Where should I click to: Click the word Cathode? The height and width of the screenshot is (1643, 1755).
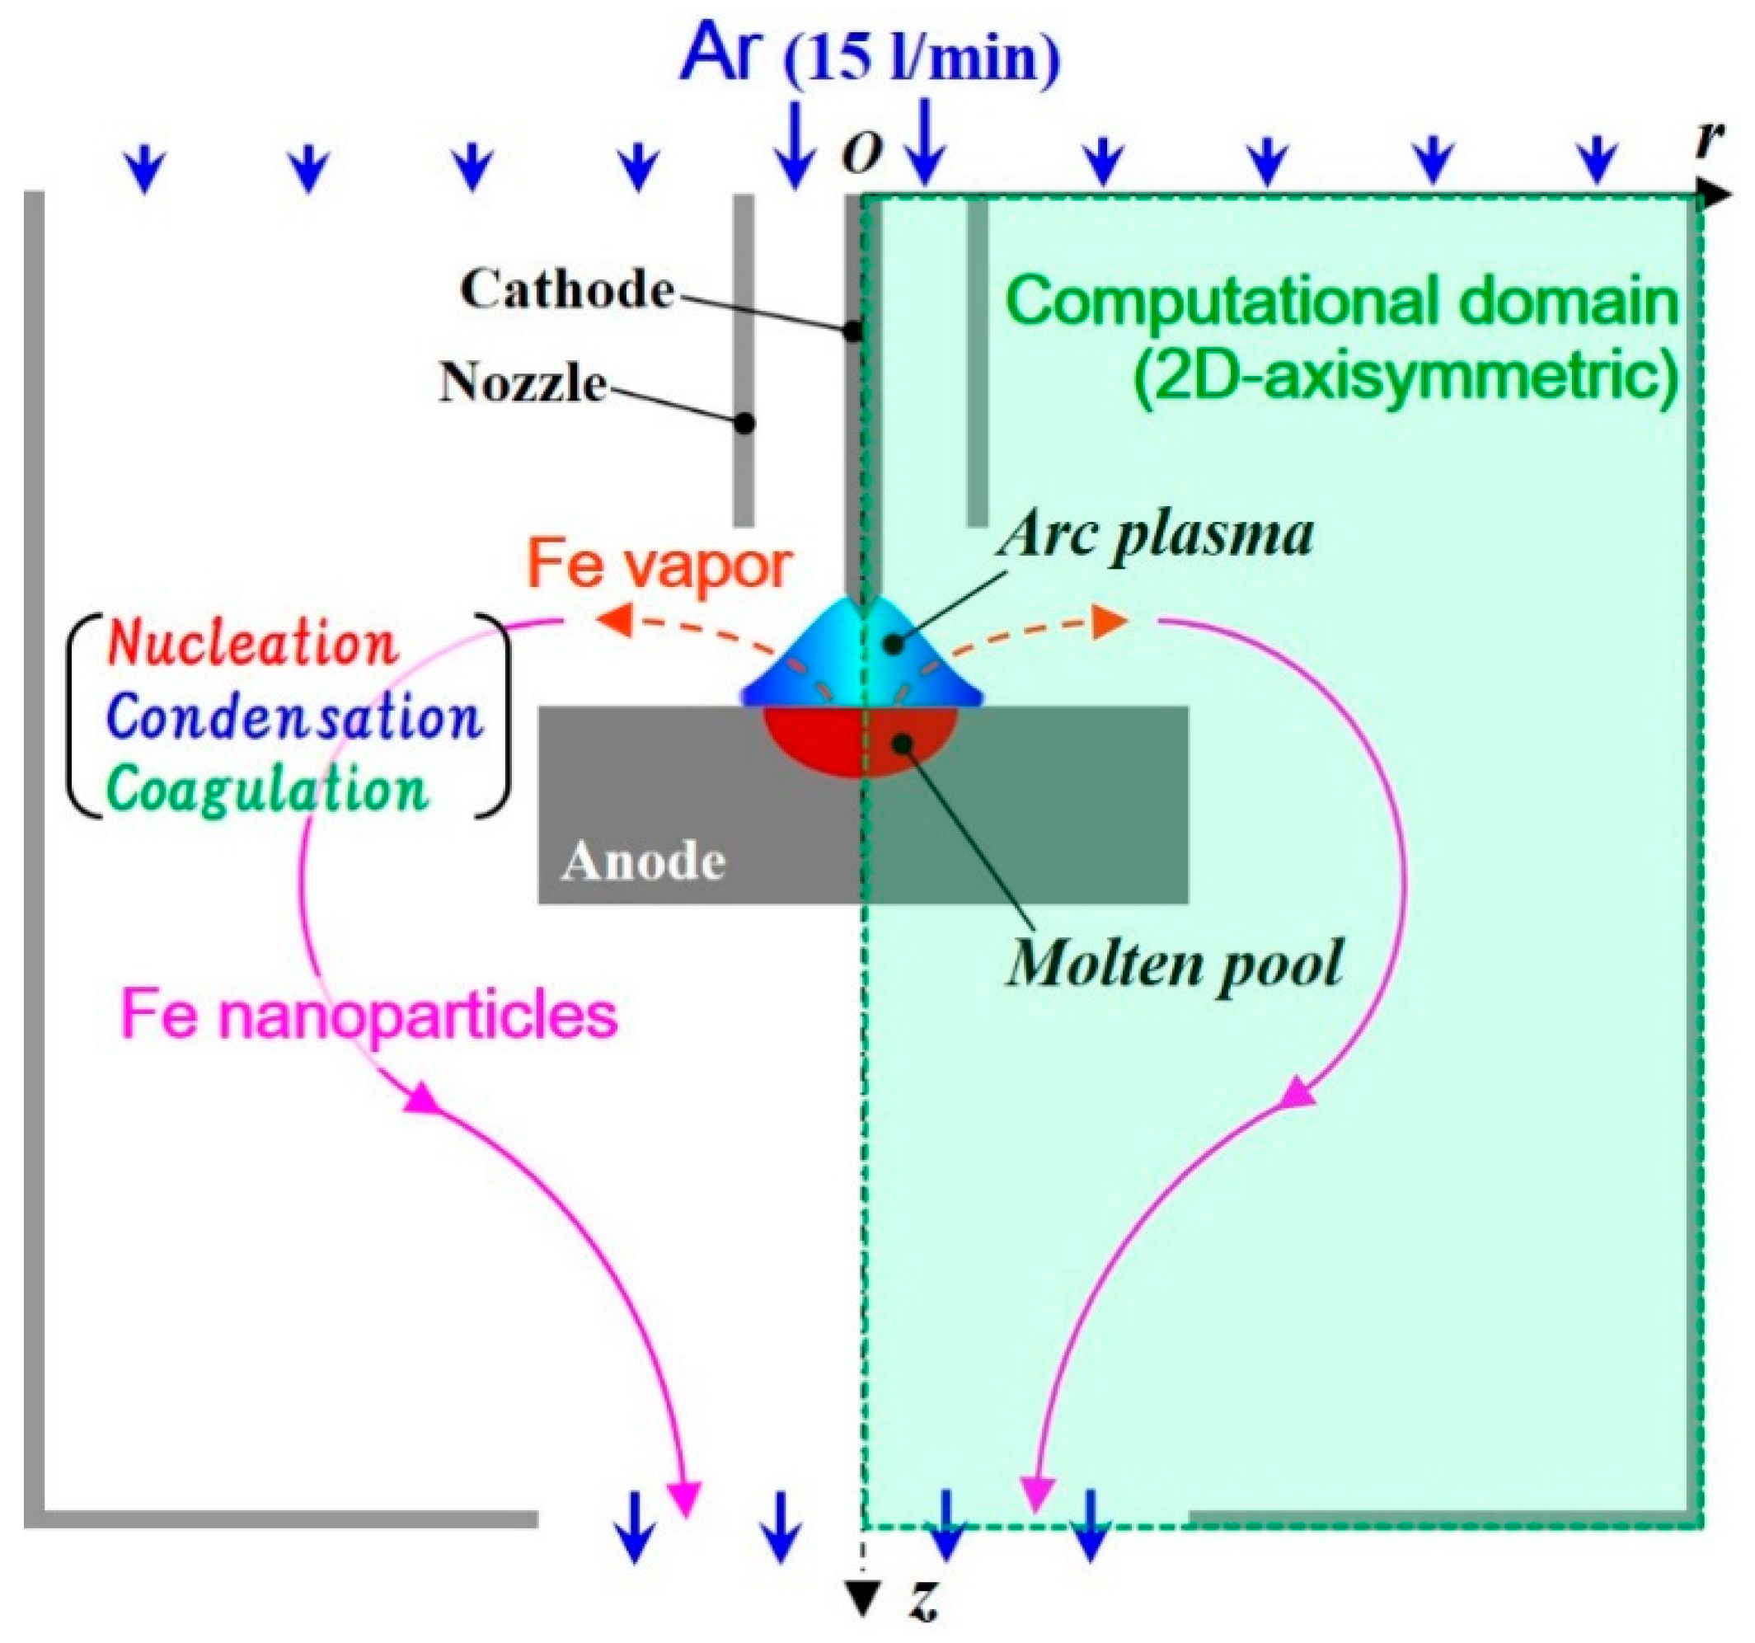tap(567, 289)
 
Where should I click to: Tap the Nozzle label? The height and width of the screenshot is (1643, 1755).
tap(523, 383)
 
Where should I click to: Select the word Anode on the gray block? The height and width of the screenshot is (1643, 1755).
tap(644, 861)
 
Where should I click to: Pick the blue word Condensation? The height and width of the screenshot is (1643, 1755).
tap(296, 717)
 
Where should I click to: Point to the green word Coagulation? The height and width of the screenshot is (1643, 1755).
tap(267, 788)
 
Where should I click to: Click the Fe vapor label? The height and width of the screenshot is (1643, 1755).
tap(659, 565)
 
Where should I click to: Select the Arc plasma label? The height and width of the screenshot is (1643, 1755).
tap(1155, 535)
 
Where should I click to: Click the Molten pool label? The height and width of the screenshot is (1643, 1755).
tap(1175, 962)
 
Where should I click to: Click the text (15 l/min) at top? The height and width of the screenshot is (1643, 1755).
tap(922, 59)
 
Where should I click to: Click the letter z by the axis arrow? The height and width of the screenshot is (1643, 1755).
tap(923, 1603)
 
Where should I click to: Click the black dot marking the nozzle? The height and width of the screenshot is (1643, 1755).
tap(745, 424)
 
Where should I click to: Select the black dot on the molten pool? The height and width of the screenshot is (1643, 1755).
tap(902, 744)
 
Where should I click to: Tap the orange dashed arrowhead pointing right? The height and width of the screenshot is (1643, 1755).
tap(1110, 622)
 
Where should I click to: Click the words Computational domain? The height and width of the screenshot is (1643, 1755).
tap(1341, 302)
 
